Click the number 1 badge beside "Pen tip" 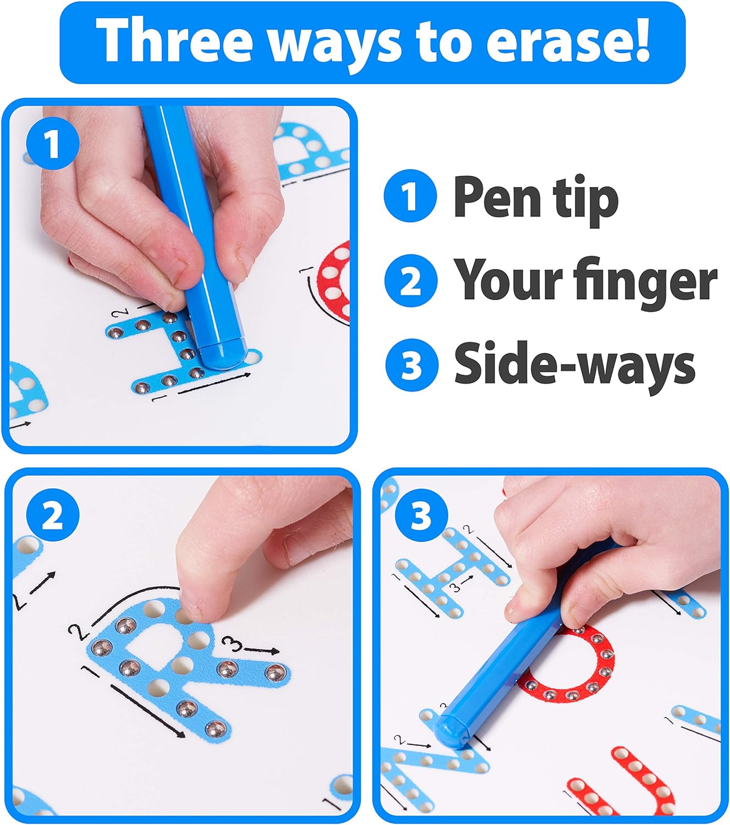(x=410, y=196)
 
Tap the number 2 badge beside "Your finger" (x=410, y=280)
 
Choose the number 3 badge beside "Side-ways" (x=411, y=365)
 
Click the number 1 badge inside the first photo (x=53, y=144)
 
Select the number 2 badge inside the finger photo (x=53, y=515)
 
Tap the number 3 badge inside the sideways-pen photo (x=421, y=515)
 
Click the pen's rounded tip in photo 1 (x=223, y=355)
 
